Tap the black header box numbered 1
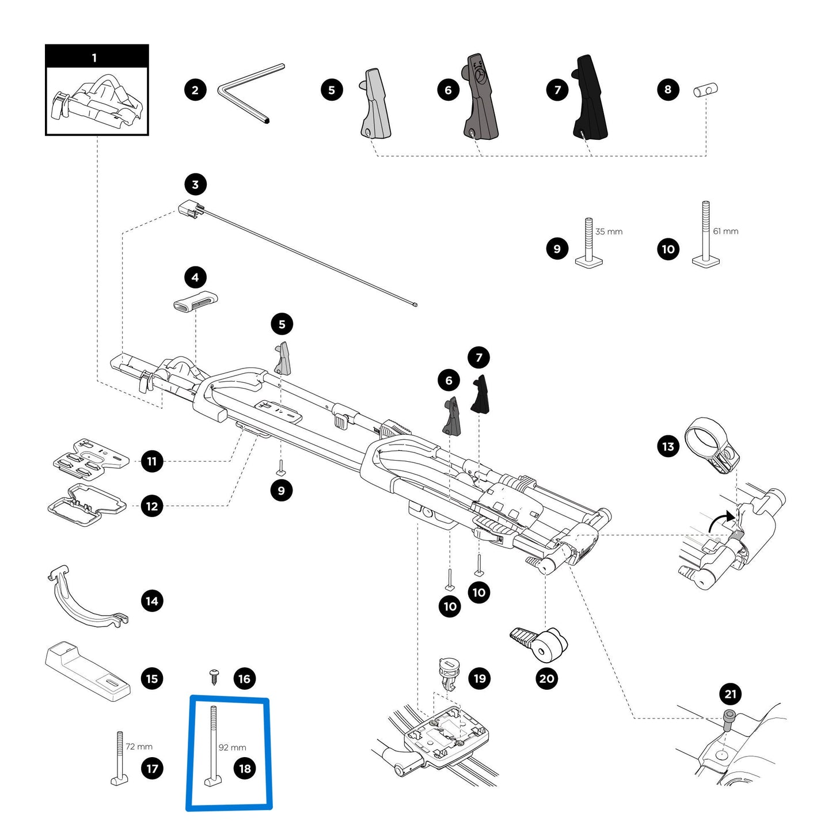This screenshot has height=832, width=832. tap(97, 57)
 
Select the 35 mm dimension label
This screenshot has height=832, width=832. tap(609, 231)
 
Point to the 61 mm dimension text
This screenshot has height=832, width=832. tap(725, 231)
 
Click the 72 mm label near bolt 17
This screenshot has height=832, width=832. tap(139, 746)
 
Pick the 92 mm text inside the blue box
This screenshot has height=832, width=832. tap(232, 747)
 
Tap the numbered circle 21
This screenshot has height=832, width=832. tap(730, 694)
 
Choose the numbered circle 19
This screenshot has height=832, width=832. tap(480, 678)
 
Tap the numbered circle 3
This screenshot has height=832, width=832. tap(195, 184)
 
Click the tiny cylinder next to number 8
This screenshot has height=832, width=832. tap(705, 90)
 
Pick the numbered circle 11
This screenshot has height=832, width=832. tap(152, 461)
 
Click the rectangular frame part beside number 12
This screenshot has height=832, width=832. tap(86, 506)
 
